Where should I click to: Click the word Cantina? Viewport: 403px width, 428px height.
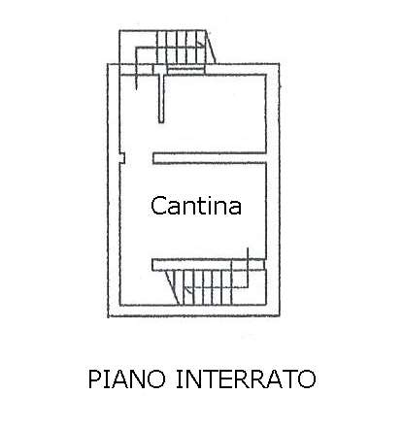pyautogui.click(x=196, y=206)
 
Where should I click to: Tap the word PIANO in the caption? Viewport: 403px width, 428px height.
pyautogui.click(x=127, y=379)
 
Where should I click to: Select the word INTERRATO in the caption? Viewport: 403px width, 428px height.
pyautogui.click(x=246, y=379)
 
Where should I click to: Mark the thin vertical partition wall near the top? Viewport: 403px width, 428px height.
pyautogui.click(x=161, y=98)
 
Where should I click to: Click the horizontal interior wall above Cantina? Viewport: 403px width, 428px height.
pyautogui.click(x=210, y=158)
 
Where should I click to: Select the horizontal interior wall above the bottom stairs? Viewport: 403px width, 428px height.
pyautogui.click(x=208, y=265)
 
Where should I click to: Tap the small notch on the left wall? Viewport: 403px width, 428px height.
pyautogui.click(x=122, y=158)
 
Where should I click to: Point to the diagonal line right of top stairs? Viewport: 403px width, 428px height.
pyautogui.click(x=211, y=47)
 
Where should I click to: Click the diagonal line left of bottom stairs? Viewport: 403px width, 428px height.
pyautogui.click(x=172, y=287)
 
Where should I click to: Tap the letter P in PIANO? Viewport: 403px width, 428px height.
pyautogui.click(x=94, y=379)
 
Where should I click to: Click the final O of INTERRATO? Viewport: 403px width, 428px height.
pyautogui.click(x=307, y=379)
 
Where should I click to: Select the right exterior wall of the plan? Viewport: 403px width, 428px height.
pyautogui.click(x=273, y=190)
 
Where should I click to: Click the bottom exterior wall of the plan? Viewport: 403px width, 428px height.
pyautogui.click(x=193, y=311)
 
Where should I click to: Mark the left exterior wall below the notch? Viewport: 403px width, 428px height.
pyautogui.click(x=114, y=240)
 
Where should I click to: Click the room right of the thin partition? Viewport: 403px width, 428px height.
pyautogui.click(x=215, y=114)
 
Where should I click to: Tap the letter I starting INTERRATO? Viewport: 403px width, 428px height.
pyautogui.click(x=179, y=379)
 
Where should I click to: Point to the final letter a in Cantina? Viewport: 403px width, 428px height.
pyautogui.click(x=235, y=209)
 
